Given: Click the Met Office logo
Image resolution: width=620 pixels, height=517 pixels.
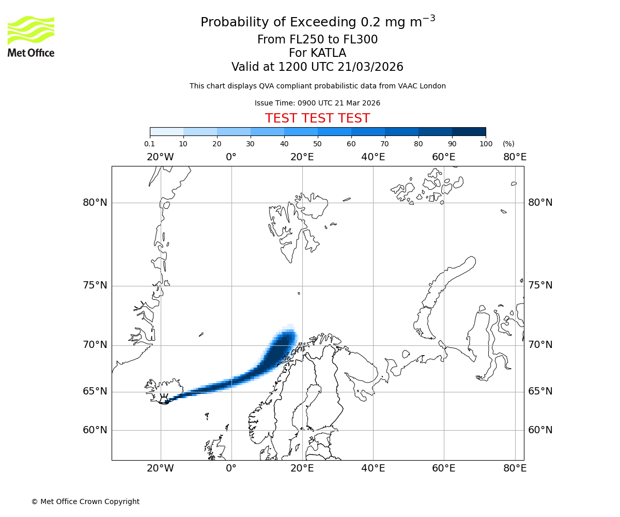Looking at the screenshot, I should [31, 36].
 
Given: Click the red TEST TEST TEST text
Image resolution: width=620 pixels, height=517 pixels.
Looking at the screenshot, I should [317, 118].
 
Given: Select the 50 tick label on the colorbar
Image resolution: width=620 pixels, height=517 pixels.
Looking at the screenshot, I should [317, 144].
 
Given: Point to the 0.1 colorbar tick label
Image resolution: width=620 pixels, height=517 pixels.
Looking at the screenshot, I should [150, 144].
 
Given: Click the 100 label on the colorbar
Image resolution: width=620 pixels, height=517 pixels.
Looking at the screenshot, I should [486, 144].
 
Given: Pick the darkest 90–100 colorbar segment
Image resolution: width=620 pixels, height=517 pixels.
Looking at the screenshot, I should [469, 131].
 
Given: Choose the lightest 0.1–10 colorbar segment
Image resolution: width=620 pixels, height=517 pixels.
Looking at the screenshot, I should [166, 131].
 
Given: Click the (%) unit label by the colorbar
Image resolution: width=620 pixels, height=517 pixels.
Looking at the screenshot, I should [508, 144].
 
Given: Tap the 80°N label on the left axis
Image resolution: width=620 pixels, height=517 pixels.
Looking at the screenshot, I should [95, 203].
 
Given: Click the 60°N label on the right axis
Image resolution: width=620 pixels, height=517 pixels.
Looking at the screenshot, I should [540, 430].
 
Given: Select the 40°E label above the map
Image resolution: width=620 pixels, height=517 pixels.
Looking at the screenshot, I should [373, 157].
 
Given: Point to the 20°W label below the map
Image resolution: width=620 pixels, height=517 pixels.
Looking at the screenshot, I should [160, 468].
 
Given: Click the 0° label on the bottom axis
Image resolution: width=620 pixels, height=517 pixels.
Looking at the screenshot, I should [231, 468].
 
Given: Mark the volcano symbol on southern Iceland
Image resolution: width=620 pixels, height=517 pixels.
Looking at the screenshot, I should [164, 400].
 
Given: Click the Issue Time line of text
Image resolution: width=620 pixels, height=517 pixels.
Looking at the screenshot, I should [317, 103].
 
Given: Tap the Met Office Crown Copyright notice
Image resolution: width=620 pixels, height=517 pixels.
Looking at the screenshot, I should [85, 501].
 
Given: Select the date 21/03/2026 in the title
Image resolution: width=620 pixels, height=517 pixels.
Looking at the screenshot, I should [370, 67].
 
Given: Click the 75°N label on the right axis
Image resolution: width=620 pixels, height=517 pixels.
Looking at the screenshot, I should [540, 285].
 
